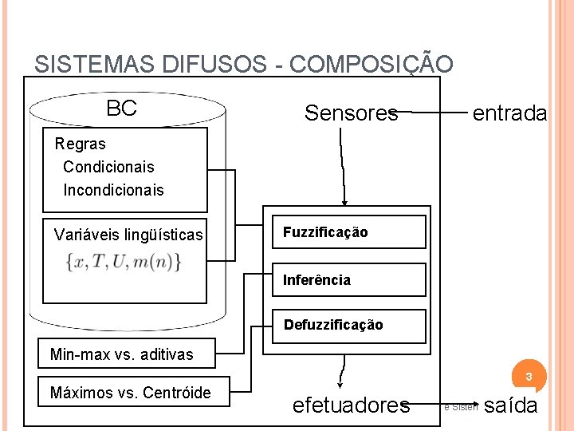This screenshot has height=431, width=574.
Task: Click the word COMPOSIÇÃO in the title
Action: coord(372,65)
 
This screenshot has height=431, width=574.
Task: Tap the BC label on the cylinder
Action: coord(121,109)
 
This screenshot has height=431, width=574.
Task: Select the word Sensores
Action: coord(351,113)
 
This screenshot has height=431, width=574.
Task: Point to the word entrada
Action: coord(509,113)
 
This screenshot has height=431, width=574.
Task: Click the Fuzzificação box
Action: coord(349,232)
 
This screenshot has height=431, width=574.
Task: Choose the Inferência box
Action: coord(349,280)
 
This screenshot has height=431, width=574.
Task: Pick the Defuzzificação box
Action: coord(349,325)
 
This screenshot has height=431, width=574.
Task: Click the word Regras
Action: coord(80,144)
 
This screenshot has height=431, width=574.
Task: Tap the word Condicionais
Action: coord(108,167)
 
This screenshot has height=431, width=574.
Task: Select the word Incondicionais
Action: coord(113,190)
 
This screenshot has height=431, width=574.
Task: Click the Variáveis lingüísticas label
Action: coord(128,235)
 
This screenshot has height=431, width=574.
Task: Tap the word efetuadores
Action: coord(351,405)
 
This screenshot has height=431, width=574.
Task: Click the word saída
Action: coord(510,405)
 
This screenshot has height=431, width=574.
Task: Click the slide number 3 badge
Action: coord(528,375)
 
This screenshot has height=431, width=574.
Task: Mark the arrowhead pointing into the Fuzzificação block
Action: coord(344,203)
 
